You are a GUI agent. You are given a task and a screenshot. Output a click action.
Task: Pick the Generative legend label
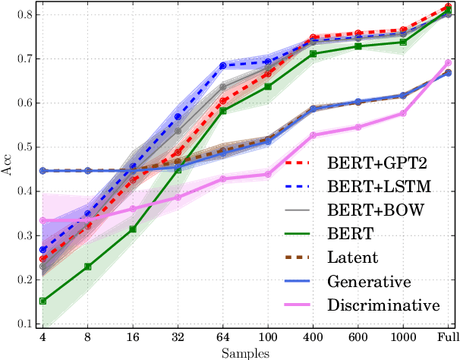(x=370, y=281)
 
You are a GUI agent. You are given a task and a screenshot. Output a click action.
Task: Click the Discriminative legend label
(x=383, y=305)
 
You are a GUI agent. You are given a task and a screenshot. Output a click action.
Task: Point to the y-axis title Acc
(x=8, y=169)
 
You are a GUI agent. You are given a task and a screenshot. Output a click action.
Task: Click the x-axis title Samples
(x=244, y=352)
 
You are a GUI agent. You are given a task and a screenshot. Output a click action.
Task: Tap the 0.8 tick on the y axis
(x=24, y=14)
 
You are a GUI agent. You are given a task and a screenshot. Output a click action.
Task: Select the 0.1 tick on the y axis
(x=24, y=324)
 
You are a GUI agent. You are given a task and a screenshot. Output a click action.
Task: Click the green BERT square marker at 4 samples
(x=43, y=301)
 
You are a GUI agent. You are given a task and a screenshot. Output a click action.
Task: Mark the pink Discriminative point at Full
(x=448, y=63)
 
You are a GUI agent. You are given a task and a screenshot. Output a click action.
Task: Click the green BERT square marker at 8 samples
(x=88, y=267)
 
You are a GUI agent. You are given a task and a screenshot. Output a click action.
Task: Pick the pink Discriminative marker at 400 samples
(x=313, y=135)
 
